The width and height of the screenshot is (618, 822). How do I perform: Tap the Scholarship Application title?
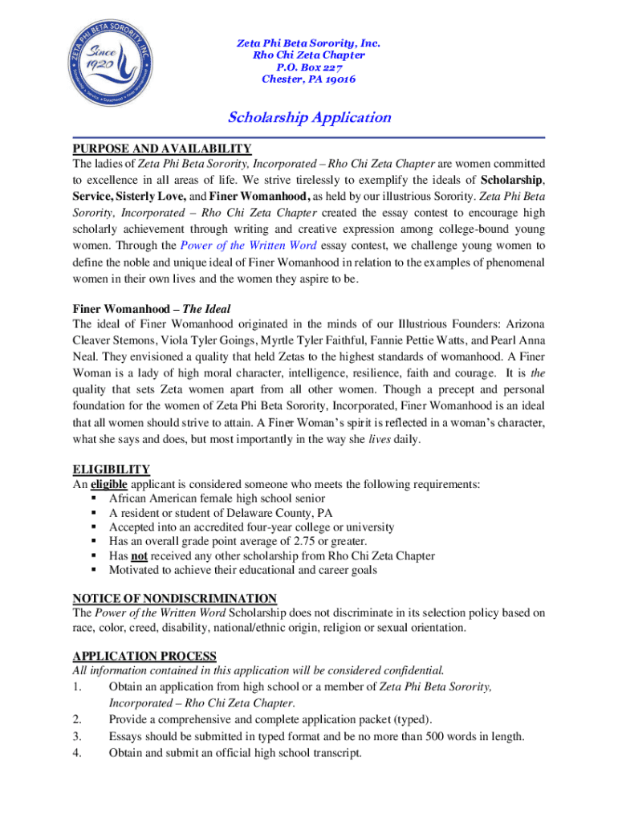(309, 118)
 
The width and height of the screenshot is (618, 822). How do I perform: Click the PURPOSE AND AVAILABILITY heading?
(162, 149)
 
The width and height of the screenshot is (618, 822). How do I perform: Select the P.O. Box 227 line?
(309, 67)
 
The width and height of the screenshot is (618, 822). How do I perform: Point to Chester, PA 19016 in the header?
(309, 79)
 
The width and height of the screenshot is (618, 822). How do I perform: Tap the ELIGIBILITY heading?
(112, 469)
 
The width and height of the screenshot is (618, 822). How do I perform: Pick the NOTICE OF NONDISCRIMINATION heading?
(175, 598)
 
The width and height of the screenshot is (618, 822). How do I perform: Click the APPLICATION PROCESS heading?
(144, 656)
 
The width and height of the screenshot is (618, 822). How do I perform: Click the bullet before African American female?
(93, 498)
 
